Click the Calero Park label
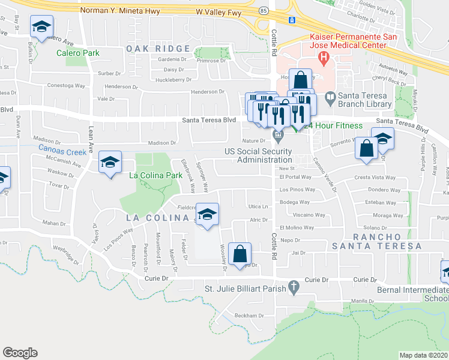(77, 53)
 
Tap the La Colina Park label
(155, 175)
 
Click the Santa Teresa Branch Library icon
(330, 97)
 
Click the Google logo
(20, 353)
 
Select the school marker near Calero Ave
(41, 27)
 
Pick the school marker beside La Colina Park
(109, 162)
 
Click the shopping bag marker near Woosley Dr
(240, 254)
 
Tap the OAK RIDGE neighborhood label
(158, 49)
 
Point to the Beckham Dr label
(249, 316)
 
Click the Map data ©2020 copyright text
(423, 355)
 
